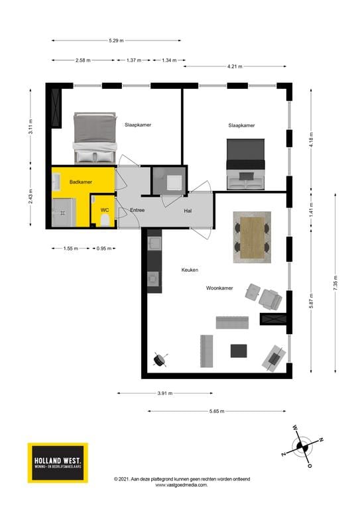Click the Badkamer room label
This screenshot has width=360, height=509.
coord(80,182)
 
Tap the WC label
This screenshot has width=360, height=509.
coord(104,210)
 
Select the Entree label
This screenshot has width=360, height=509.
coord(137,210)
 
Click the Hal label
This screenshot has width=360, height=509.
coord(188,211)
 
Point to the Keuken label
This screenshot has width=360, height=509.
coord(190,270)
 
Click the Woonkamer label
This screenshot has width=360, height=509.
coord(219,288)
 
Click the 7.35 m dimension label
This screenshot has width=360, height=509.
coord(335,283)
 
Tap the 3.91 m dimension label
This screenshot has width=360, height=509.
coord(164,393)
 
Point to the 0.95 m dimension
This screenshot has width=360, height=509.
coord(103,249)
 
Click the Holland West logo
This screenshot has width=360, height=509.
coord(57,458)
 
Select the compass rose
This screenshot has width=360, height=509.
coord(302,445)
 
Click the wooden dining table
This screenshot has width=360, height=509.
coord(252,237)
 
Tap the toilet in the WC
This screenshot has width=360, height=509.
coord(105,221)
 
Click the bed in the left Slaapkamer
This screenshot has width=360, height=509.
coord(95,137)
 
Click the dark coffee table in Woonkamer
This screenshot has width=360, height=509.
coord(239,351)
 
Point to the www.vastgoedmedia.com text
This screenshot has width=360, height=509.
coord(181,484)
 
